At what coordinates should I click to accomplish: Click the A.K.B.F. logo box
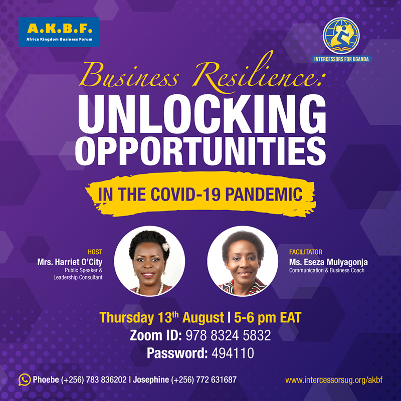(x=59, y=32)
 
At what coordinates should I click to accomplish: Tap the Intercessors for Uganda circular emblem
(x=341, y=36)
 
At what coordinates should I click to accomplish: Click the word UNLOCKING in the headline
(x=202, y=114)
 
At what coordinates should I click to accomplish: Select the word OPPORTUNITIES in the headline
(x=200, y=151)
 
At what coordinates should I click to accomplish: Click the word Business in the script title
(x=129, y=75)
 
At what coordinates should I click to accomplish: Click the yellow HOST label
(x=95, y=252)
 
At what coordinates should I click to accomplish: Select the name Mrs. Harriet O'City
(x=70, y=262)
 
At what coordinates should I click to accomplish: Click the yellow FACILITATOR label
(x=306, y=252)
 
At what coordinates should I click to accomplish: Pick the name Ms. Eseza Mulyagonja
(x=328, y=262)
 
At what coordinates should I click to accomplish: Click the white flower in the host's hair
(x=166, y=247)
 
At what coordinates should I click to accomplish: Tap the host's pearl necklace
(x=149, y=290)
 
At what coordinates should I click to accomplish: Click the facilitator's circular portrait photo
(x=243, y=261)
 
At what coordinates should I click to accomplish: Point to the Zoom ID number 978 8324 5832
(x=228, y=335)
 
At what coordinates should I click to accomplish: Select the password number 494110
(x=233, y=353)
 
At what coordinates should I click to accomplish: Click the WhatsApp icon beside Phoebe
(x=24, y=380)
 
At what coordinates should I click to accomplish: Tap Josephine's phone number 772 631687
(x=217, y=380)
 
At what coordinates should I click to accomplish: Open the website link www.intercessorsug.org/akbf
(x=334, y=380)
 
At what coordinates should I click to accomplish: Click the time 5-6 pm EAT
(x=268, y=318)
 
